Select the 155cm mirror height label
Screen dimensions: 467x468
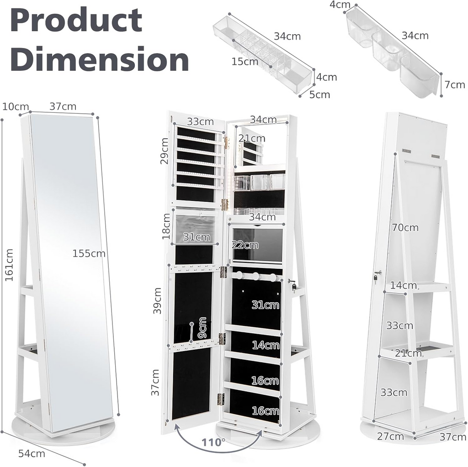click(x=89, y=253)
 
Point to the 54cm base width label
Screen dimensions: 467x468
click(x=32, y=453)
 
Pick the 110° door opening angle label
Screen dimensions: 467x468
click(x=214, y=442)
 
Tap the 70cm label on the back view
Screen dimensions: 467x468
click(x=404, y=227)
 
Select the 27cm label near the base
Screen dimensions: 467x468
click(x=390, y=436)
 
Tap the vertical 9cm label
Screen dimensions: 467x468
click(x=202, y=328)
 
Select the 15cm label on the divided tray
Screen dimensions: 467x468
click(x=245, y=62)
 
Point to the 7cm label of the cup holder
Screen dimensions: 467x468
click(x=454, y=84)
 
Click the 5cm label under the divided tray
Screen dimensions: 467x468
click(x=319, y=94)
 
